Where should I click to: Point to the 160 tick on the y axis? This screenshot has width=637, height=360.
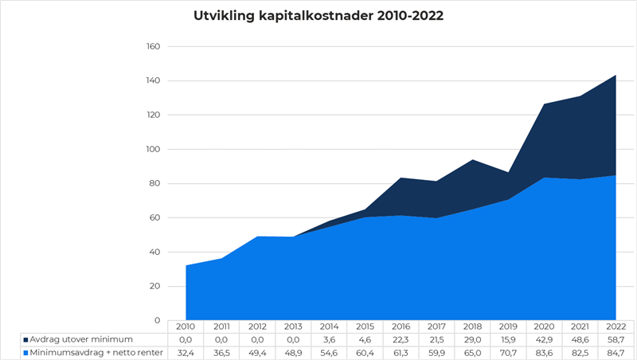(154, 46)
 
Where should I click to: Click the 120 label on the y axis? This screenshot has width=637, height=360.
(154, 115)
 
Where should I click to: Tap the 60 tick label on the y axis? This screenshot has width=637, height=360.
(155, 217)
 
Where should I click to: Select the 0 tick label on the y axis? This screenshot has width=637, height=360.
(158, 320)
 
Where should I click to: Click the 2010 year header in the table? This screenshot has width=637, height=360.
(186, 327)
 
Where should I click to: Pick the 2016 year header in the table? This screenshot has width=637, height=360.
(401, 327)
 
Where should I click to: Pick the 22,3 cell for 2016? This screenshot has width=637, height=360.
(401, 339)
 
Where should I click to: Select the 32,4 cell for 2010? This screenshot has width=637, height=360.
(186, 352)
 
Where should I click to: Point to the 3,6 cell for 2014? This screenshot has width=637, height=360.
(330, 339)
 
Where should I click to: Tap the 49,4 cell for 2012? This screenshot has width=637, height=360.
(257, 352)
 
